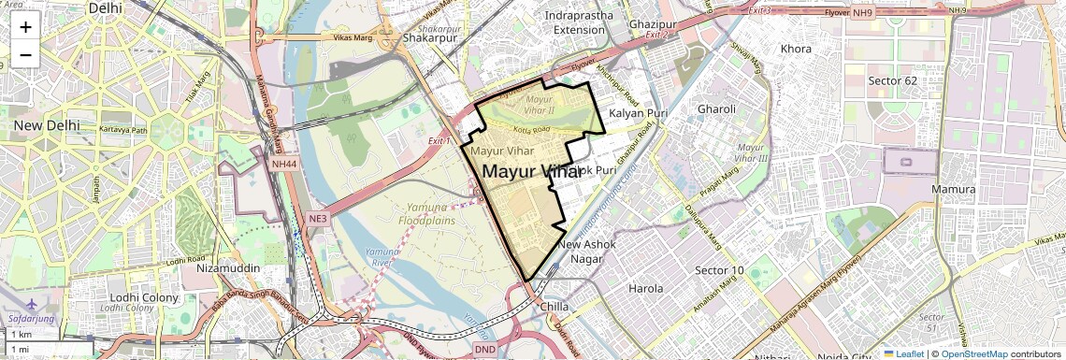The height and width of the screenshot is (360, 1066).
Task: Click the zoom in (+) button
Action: tap(25, 26)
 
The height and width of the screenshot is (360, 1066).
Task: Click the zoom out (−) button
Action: tap(25, 55)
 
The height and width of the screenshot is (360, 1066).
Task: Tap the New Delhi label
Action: tap(44, 125)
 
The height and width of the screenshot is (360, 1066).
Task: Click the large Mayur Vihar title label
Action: tap(530, 172)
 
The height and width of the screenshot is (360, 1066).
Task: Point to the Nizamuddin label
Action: tap(228, 267)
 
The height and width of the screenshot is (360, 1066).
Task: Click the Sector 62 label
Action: tap(892, 80)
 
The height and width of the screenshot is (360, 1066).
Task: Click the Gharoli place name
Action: tap(716, 109)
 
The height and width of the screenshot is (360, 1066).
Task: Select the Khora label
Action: tap(796, 48)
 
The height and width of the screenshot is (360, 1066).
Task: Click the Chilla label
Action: tap(555, 306)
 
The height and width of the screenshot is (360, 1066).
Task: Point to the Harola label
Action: tap(646, 289)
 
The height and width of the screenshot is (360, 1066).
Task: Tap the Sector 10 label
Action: tap(719, 270)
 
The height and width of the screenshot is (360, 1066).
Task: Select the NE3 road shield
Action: tap(318, 219)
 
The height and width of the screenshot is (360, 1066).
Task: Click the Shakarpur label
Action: tap(428, 38)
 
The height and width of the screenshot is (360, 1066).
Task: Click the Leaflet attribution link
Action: tap(904, 353)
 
